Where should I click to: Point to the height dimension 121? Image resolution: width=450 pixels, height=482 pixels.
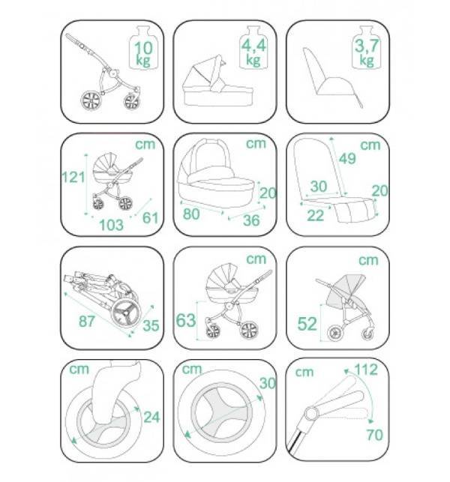pyautogui.click(x=73, y=177)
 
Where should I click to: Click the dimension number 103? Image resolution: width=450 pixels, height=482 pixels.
pyautogui.click(x=111, y=225)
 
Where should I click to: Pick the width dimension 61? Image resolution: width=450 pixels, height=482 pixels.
pyautogui.click(x=151, y=217)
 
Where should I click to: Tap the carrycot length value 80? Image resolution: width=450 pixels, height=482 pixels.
pyautogui.click(x=191, y=214)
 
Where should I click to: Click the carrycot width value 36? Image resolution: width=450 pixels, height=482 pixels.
pyautogui.click(x=251, y=220)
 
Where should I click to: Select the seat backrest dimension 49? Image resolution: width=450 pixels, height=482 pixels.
pyautogui.click(x=347, y=158)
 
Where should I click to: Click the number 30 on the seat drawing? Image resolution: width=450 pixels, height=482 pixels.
pyautogui.click(x=319, y=187)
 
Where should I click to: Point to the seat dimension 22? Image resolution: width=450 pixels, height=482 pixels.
pyautogui.click(x=316, y=215)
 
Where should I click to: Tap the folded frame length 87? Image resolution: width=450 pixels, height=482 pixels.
pyautogui.click(x=87, y=322)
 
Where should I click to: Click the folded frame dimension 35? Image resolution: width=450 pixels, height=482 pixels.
pyautogui.click(x=151, y=325)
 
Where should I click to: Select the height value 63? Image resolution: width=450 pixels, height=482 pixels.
pyautogui.click(x=186, y=320)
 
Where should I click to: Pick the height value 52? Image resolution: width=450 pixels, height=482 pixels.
pyautogui.click(x=307, y=324)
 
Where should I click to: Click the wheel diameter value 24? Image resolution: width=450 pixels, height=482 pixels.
pyautogui.click(x=152, y=417)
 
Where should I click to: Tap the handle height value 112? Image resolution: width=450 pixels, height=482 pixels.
pyautogui.click(x=366, y=370)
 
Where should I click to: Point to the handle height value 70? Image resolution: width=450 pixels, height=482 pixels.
pyautogui.click(x=375, y=435)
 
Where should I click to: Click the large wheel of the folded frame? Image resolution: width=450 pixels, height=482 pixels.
pyautogui.click(x=126, y=312)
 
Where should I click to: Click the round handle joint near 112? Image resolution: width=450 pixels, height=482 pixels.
pyautogui.click(x=310, y=414)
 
